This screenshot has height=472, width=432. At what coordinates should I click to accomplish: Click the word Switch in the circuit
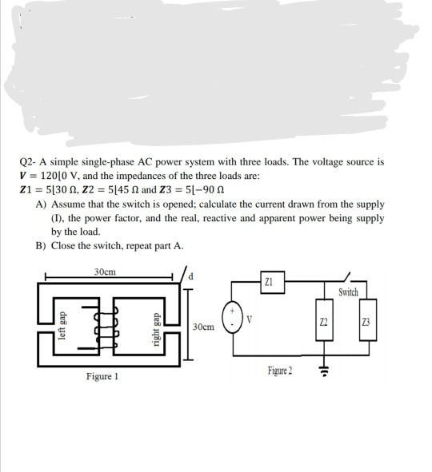[348, 293]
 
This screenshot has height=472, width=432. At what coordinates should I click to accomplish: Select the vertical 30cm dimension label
[202, 327]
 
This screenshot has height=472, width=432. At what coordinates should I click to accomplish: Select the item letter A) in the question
[42, 204]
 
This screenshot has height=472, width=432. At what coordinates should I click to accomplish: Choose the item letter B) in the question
[42, 245]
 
